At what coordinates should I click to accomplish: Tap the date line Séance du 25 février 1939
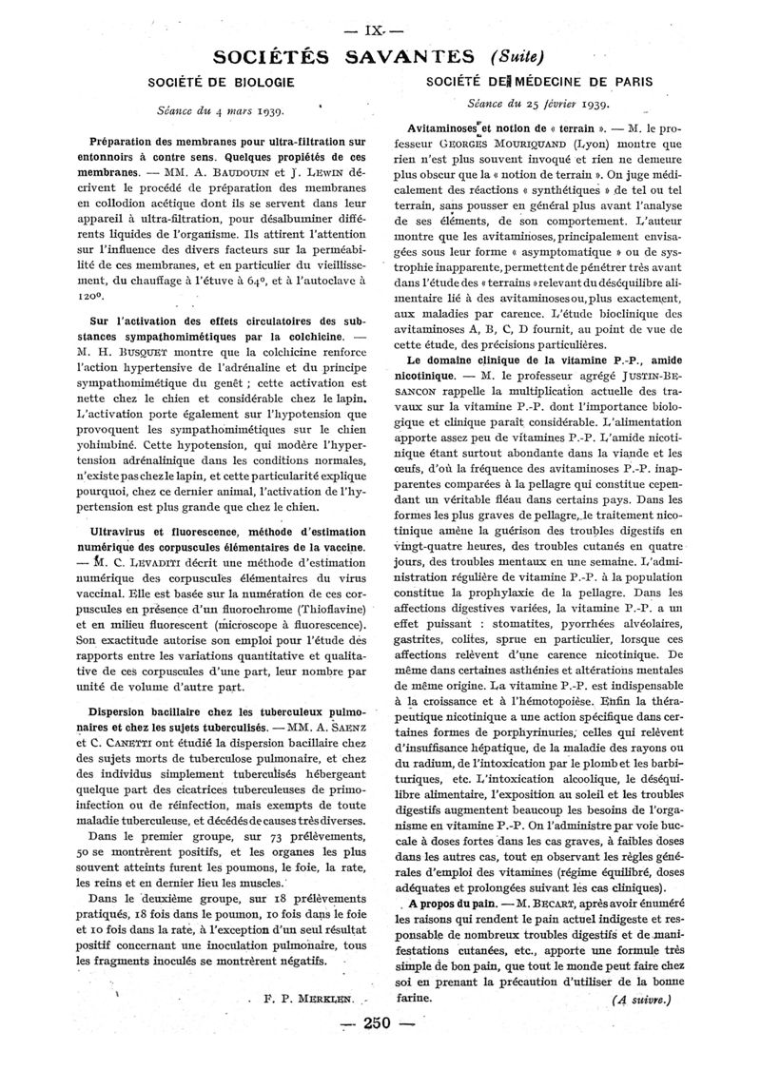[539, 104]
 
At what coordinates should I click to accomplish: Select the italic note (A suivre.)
[641, 1000]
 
